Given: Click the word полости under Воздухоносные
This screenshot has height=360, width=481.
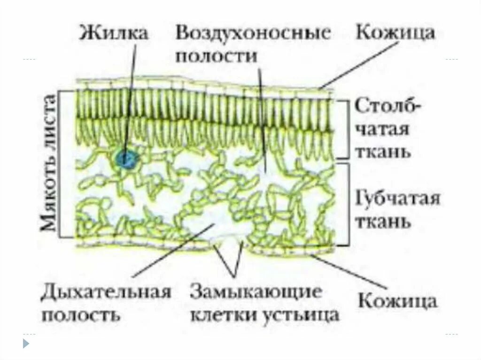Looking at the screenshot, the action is click(217, 56).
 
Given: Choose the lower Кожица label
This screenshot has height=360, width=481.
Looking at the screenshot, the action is click(397, 301).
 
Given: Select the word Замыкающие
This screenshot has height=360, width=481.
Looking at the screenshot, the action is click(256, 292).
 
